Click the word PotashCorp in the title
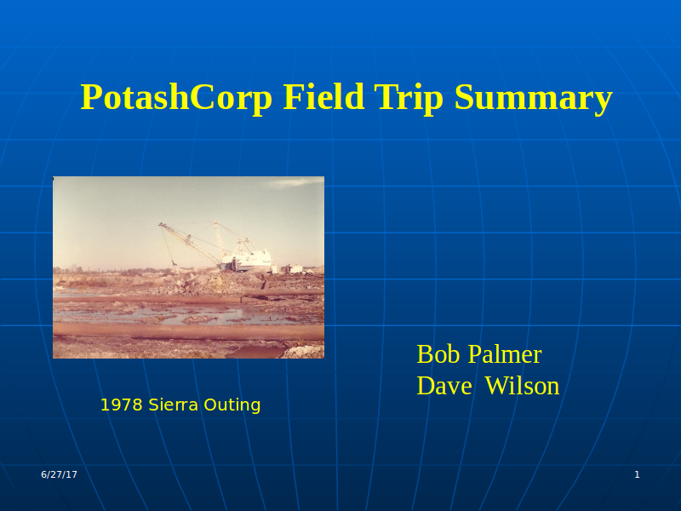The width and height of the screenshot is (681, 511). click(176, 98)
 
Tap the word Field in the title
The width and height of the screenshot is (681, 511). click(323, 96)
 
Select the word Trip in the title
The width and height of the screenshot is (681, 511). click(409, 98)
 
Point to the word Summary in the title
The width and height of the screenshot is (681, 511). click(534, 98)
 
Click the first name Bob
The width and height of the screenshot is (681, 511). click(438, 354)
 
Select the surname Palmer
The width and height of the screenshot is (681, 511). click(505, 354)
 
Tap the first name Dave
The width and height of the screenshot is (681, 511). click(444, 386)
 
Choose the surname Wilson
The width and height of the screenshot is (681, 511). click(522, 386)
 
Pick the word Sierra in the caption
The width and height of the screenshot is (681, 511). click(174, 405)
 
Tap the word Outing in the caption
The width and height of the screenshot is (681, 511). click(232, 406)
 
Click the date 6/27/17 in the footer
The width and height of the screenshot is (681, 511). click(59, 474)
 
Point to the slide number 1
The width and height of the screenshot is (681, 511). click(637, 474)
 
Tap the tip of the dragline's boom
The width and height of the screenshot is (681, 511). click(160, 225)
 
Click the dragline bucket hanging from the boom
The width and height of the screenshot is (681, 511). click(175, 263)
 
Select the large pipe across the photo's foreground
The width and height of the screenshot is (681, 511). click(188, 331)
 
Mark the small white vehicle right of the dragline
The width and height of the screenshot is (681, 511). click(295, 270)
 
